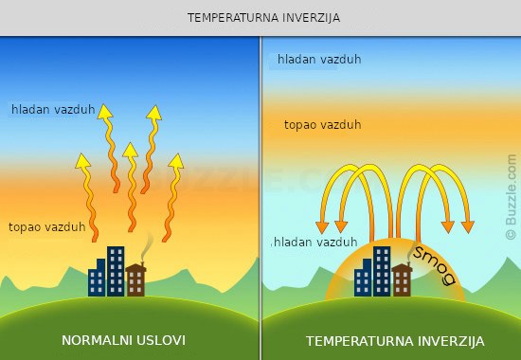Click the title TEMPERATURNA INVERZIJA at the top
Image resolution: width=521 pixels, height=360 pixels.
pos(263,18)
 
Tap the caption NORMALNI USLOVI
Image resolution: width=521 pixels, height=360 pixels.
pos(123,340)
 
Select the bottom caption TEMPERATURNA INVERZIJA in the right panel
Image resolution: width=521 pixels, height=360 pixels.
pos(395,341)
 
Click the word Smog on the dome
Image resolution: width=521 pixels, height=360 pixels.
pos(435,265)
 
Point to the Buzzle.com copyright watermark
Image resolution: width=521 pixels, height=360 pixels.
pos(511,197)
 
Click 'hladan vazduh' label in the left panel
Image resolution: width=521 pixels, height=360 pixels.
pos(53,109)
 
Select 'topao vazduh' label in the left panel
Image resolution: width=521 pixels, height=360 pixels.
pos(47,227)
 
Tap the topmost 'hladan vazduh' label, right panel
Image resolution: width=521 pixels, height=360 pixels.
pos(319,59)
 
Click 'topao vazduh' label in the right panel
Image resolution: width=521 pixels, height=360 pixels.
pos(323,125)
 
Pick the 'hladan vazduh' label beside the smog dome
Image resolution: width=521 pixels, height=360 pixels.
pos(315,242)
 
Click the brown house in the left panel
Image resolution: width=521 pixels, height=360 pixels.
pos(135,279)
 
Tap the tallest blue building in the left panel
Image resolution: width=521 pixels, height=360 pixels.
pos(116,271)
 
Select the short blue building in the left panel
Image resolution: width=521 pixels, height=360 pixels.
pos(97,278)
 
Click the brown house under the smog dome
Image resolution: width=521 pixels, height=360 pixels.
pos(402,279)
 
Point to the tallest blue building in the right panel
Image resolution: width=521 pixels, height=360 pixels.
pos(382,271)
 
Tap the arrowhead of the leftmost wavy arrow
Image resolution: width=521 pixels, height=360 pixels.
pos(82,161)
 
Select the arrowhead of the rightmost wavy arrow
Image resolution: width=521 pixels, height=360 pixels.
pos(176,161)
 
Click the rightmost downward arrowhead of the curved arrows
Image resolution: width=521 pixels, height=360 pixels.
pos(468,226)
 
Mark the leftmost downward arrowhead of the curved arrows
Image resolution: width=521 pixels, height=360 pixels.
pos(322,227)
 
